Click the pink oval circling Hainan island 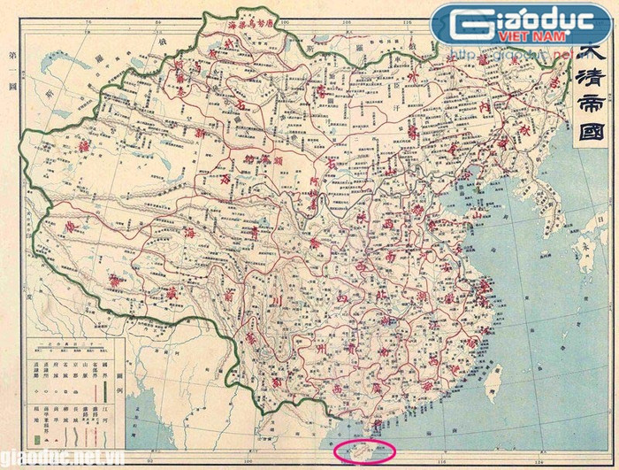coord(364,451)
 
